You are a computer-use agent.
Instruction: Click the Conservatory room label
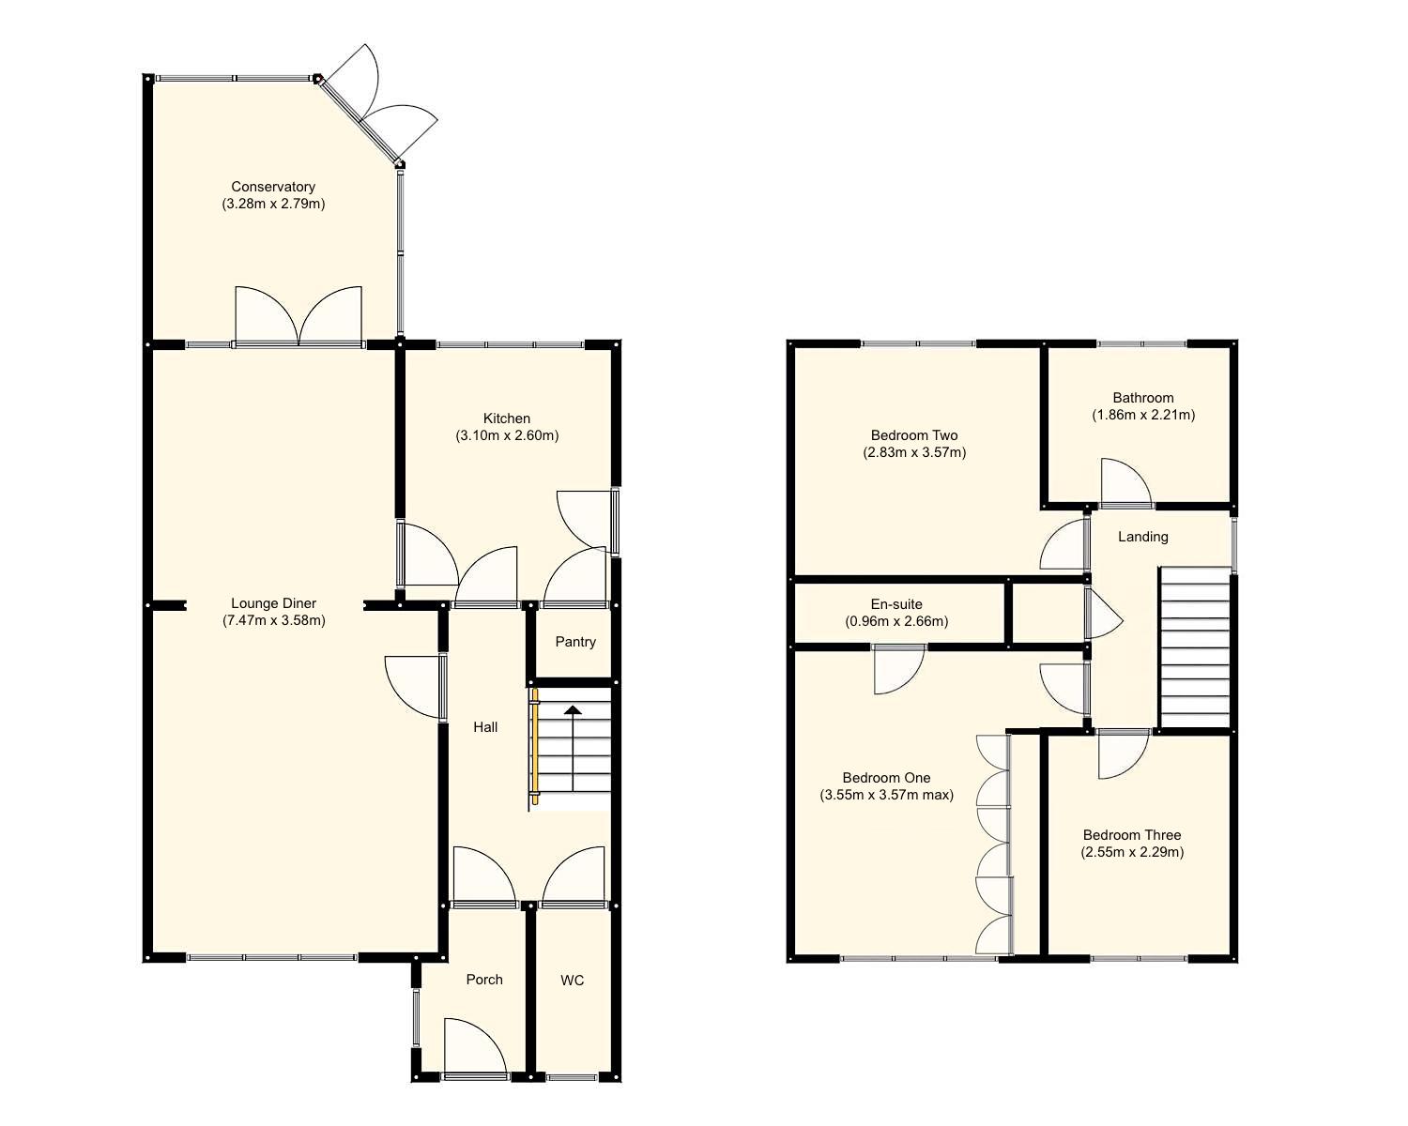click(273, 187)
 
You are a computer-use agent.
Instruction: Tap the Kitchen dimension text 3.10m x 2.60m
click(507, 435)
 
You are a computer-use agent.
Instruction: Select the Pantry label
click(575, 642)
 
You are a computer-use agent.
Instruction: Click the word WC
click(572, 981)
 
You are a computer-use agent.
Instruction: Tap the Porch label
click(484, 980)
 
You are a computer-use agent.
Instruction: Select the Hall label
click(485, 727)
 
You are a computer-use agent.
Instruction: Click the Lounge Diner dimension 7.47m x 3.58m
click(274, 620)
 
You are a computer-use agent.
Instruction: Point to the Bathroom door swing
click(1124, 483)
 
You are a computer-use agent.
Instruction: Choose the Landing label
click(1142, 537)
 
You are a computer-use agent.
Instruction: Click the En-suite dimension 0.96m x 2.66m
click(896, 621)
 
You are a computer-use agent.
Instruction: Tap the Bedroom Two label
click(914, 435)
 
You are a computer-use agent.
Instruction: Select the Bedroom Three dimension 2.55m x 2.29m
click(1132, 852)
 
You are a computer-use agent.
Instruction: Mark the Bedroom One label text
click(886, 778)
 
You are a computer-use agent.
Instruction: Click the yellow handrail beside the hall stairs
click(534, 746)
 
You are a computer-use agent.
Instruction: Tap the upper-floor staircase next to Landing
click(1194, 647)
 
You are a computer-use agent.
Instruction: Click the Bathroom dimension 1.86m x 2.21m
click(1142, 415)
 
